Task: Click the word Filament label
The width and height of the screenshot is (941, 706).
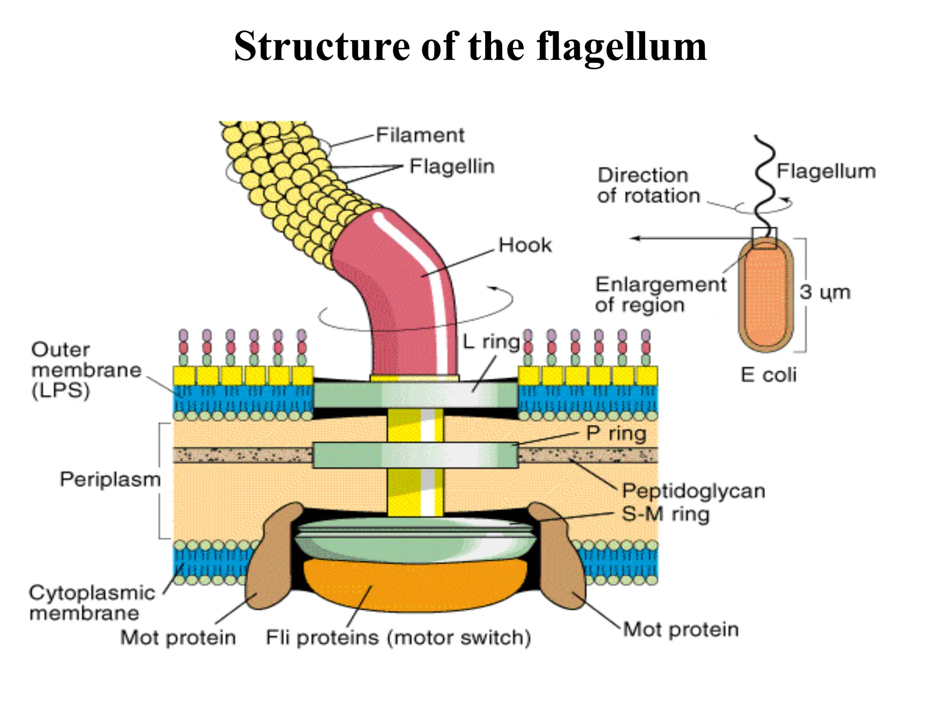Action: tap(420, 135)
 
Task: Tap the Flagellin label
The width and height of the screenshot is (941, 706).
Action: tap(452, 166)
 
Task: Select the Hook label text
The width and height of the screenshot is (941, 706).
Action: tap(525, 245)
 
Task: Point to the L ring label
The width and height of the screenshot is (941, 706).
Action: tap(491, 342)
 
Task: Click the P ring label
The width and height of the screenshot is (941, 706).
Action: tap(616, 433)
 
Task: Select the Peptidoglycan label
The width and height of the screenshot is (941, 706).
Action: tap(693, 491)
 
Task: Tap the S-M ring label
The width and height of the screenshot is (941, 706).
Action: tap(665, 514)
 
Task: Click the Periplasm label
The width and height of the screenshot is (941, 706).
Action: tap(110, 479)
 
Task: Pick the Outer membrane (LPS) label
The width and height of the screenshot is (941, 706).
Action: tap(86, 370)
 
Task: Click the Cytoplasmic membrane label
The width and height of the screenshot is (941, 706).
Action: tap(92, 603)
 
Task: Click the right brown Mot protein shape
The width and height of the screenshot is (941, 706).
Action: tap(558, 556)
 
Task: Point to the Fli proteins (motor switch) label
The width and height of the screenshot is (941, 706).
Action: tap(398, 638)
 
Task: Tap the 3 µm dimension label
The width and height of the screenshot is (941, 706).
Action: tap(825, 292)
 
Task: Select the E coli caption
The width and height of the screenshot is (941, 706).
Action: tap(768, 375)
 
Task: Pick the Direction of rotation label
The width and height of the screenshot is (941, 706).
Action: tap(648, 186)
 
